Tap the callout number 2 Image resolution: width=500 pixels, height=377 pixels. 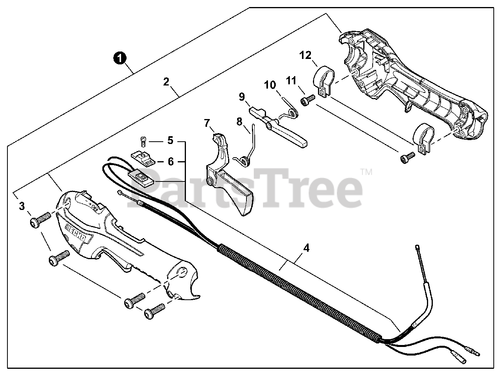166,82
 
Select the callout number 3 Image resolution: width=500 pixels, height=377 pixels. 22,206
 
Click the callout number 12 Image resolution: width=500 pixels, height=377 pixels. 306,55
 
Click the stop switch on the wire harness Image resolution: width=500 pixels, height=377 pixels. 143,180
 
